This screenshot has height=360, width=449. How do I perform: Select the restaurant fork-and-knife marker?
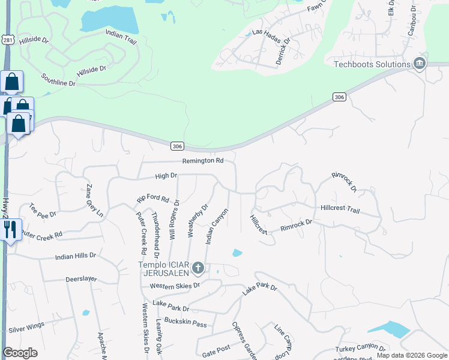pos(10,229)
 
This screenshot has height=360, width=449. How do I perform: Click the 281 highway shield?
pos(7,40)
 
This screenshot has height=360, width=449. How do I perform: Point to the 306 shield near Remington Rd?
pos(176,146)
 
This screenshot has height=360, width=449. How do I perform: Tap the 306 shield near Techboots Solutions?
pos(339,97)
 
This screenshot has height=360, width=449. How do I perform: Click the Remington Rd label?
pos(203,161)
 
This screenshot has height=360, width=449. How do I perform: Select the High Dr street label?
pos(166,176)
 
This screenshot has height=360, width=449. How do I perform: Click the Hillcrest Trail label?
pos(340,209)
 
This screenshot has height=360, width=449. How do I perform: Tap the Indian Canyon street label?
pos(217,226)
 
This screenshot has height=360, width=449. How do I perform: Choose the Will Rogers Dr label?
pos(175,220)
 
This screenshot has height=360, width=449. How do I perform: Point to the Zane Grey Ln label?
pos(95,200)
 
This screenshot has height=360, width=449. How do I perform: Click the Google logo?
pos(20,353)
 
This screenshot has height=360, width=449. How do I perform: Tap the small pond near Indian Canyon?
pos(237,253)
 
